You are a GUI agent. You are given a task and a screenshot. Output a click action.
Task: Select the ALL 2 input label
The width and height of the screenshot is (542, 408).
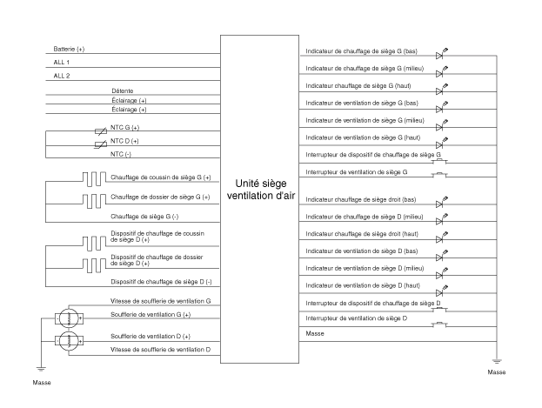pyautogui.click(x=61, y=76)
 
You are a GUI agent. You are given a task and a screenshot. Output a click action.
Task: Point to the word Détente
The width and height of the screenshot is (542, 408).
pyautogui.click(x=122, y=90)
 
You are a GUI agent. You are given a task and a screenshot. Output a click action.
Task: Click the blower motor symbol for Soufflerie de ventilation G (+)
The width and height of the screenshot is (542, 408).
pyautogui.click(x=69, y=317)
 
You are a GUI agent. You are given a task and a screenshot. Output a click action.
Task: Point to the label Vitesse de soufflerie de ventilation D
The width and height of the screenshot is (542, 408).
pyautogui.click(x=161, y=349)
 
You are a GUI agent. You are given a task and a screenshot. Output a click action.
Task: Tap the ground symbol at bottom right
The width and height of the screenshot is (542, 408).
pyautogui.click(x=496, y=360)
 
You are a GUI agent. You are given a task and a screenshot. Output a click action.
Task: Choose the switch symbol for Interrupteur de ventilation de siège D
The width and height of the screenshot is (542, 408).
pyautogui.click(x=442, y=324)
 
